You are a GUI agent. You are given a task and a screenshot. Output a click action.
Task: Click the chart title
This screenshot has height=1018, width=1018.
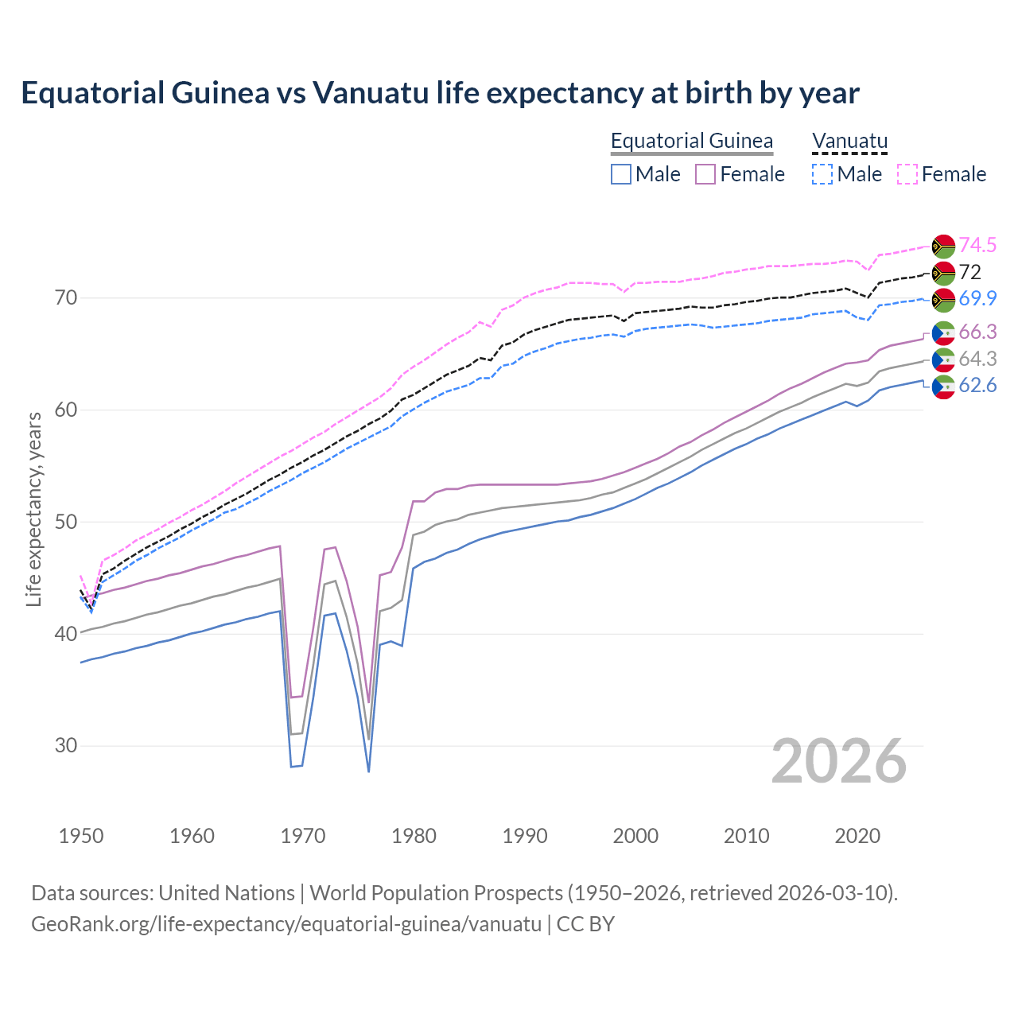440,93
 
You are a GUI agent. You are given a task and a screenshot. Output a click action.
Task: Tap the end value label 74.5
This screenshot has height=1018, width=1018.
977,245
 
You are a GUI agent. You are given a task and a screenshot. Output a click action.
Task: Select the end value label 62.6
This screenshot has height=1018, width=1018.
977,386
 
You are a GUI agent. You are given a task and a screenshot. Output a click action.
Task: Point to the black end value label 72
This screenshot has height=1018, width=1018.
969,272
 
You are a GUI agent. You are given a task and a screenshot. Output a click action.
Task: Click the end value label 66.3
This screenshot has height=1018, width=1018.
977,332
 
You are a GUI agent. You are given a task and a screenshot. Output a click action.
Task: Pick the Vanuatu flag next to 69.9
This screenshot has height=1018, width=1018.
943,300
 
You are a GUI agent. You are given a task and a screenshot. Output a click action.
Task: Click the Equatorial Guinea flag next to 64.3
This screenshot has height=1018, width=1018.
943,359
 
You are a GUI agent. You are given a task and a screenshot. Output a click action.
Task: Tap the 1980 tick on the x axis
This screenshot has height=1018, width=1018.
414,836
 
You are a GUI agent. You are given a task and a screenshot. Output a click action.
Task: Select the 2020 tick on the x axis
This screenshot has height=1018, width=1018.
857,836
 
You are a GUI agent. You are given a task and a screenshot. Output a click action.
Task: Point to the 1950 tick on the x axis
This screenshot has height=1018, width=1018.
81,836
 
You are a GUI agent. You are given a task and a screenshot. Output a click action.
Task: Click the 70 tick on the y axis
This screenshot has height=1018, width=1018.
66,298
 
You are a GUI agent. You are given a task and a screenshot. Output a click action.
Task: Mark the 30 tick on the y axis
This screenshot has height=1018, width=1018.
66,746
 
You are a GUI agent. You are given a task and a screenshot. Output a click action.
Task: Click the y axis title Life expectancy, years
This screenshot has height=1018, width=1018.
34,509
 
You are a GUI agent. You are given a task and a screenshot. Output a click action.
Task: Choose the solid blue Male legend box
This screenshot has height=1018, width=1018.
621,174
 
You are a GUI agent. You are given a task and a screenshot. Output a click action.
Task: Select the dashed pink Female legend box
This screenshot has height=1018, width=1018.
907,174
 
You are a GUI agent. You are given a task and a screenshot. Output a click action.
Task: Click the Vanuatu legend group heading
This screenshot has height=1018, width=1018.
849,141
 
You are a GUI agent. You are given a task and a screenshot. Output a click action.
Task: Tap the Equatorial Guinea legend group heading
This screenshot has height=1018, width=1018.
691,141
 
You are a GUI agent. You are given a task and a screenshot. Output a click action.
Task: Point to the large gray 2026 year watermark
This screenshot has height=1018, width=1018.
838,761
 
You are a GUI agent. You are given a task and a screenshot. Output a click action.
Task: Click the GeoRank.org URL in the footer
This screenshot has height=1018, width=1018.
286,924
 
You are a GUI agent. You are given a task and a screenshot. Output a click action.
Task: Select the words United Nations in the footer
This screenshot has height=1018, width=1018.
227,893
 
